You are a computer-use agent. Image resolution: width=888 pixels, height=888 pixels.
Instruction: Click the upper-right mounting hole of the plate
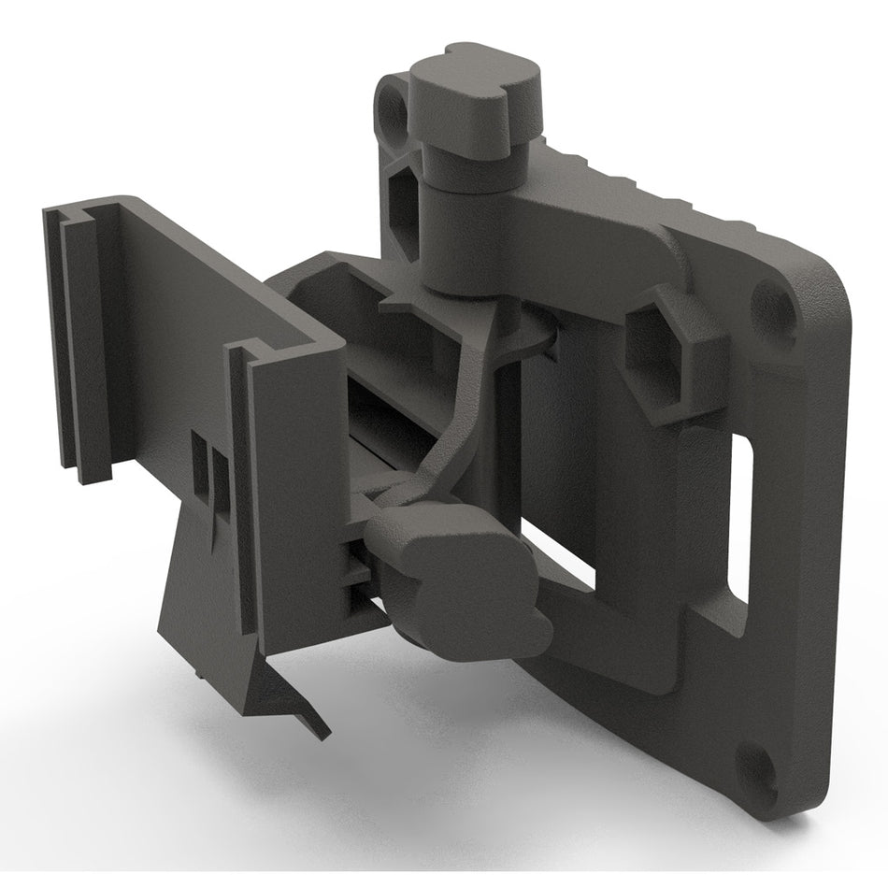click(771, 302)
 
